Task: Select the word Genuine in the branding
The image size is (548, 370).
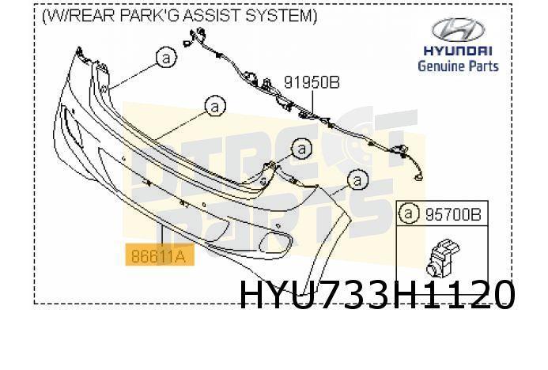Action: coord(441,66)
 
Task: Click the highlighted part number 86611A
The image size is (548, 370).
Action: coord(159,255)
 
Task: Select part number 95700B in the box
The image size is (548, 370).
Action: coord(452,213)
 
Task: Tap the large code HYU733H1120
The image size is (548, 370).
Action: coord(377,296)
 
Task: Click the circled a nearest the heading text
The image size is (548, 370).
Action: coord(164,58)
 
